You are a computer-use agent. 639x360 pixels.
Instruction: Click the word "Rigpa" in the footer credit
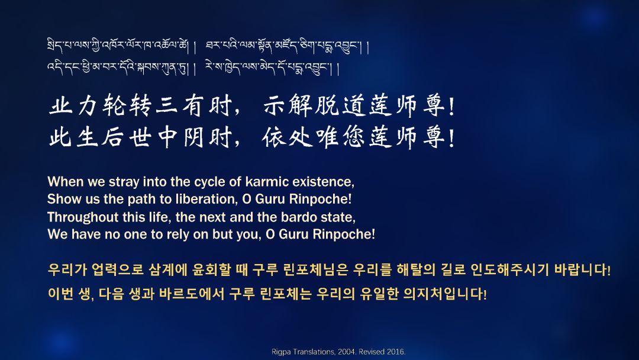[x=280, y=352]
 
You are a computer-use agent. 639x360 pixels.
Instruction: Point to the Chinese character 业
[x=61, y=105]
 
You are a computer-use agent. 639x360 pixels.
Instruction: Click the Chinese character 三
[x=167, y=105]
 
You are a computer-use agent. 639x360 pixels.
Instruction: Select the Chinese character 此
[x=61, y=137]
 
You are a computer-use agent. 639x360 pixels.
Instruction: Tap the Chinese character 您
[x=353, y=137]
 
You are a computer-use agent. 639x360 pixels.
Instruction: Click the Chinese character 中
[x=167, y=137]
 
